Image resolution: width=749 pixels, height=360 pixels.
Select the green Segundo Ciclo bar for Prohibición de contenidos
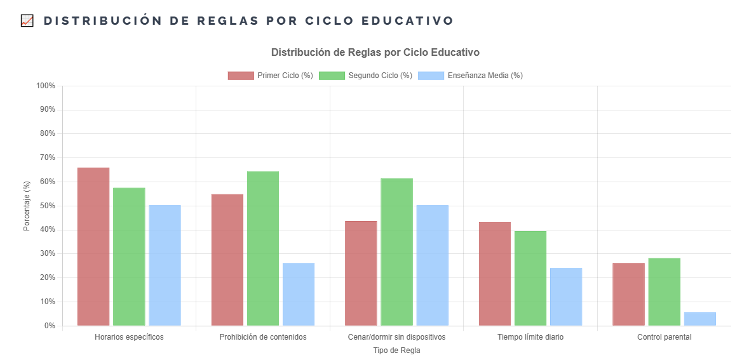(263, 248)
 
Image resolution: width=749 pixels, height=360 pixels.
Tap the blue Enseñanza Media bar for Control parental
(699, 319)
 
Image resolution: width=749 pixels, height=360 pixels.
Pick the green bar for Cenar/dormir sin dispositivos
(396, 252)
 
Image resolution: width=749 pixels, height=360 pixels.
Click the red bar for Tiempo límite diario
(495, 274)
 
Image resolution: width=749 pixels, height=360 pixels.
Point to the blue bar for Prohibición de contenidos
(299, 294)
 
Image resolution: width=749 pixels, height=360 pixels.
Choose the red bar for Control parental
(628, 294)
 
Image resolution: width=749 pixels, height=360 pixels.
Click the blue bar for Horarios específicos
(165, 265)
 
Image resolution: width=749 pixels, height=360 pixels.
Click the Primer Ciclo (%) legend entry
(271, 76)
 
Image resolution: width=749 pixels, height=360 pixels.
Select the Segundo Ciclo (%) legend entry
(365, 76)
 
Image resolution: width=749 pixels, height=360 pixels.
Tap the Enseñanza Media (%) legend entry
(471, 76)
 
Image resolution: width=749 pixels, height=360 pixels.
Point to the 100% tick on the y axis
(46, 86)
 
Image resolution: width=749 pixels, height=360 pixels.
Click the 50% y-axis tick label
(48, 206)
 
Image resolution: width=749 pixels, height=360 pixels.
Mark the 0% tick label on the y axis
(50, 326)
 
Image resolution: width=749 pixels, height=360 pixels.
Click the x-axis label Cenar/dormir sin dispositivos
(396, 337)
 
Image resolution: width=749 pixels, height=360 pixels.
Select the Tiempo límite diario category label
(530, 337)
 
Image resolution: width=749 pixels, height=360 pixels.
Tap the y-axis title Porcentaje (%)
(27, 206)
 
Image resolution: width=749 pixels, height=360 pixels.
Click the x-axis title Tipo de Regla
(396, 350)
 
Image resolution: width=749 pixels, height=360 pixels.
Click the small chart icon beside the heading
(27, 21)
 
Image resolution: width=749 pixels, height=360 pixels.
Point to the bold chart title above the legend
(375, 52)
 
